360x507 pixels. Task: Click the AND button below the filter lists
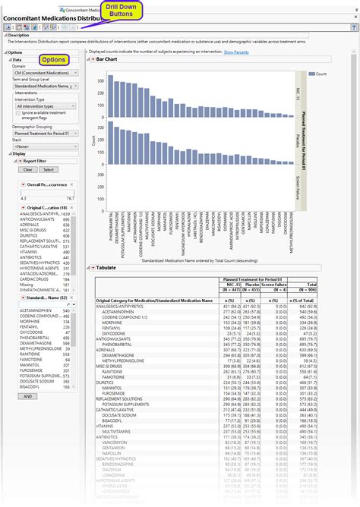(28, 396)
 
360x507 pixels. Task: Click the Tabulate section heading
(106, 266)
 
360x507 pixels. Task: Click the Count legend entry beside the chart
(321, 74)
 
